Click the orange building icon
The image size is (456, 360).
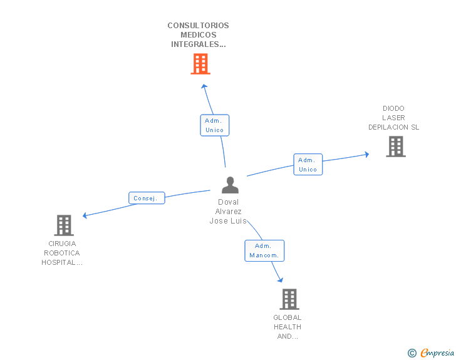click(x=200, y=64)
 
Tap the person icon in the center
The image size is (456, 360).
click(x=230, y=185)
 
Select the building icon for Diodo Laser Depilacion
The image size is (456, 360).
click(x=396, y=147)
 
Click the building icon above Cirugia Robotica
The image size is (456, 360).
click(x=64, y=225)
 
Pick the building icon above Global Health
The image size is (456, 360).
click(x=289, y=299)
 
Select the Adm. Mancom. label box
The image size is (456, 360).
click(x=264, y=250)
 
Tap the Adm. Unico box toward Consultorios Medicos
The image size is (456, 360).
click(x=215, y=125)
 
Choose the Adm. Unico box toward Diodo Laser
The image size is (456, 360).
click(x=308, y=165)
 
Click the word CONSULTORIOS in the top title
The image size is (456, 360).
click(x=198, y=26)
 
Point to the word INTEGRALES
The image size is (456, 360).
click(x=198, y=44)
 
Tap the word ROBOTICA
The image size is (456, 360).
click(x=61, y=253)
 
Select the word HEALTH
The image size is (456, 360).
click(x=288, y=327)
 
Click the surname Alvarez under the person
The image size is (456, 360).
click(x=228, y=212)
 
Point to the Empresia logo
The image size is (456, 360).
click(x=431, y=352)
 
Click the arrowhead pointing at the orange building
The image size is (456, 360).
click(x=204, y=86)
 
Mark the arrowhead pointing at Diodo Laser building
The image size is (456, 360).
click(x=367, y=155)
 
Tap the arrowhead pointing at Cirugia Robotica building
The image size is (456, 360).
click(x=85, y=215)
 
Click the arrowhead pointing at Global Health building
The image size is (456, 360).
click(x=281, y=280)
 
